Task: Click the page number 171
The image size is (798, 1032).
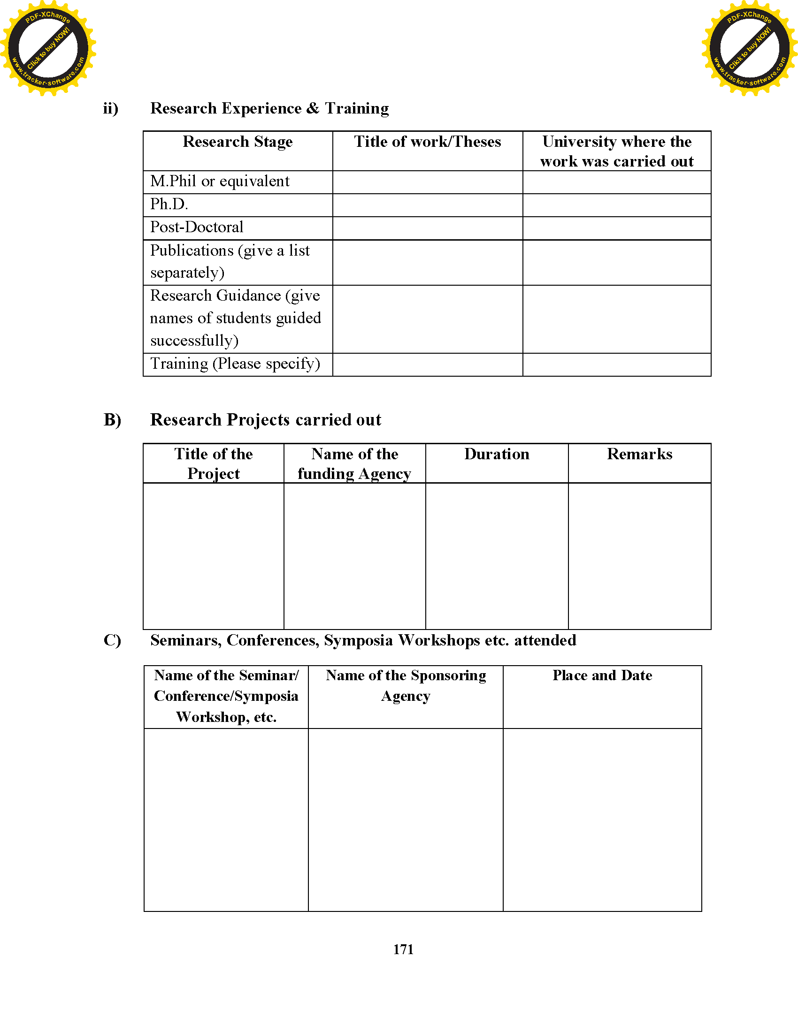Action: click(x=403, y=949)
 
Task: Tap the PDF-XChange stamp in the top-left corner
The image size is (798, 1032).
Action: click(x=48, y=48)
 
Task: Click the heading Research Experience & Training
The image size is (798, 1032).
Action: click(x=269, y=108)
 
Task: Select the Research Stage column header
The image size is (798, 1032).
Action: click(x=238, y=142)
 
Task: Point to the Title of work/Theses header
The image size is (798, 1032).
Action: click(x=427, y=142)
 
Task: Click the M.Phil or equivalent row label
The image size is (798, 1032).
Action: click(x=220, y=182)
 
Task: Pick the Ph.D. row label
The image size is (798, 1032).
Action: click(x=169, y=204)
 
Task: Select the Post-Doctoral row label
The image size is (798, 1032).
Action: click(x=197, y=228)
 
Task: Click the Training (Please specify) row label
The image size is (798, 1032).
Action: click(x=235, y=364)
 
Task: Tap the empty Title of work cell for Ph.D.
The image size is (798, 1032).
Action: click(x=427, y=205)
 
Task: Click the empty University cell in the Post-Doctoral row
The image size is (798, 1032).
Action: click(x=616, y=228)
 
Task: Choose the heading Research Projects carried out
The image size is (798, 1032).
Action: click(x=266, y=420)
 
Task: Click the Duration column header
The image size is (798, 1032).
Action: click(x=496, y=454)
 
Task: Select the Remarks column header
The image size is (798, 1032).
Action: click(x=639, y=454)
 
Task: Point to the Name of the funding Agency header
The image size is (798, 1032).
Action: click(x=354, y=463)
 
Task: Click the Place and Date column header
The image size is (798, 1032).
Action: click(x=602, y=675)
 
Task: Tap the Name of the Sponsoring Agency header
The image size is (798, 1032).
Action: click(x=406, y=685)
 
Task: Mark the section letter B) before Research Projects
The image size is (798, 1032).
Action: click(x=112, y=420)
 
